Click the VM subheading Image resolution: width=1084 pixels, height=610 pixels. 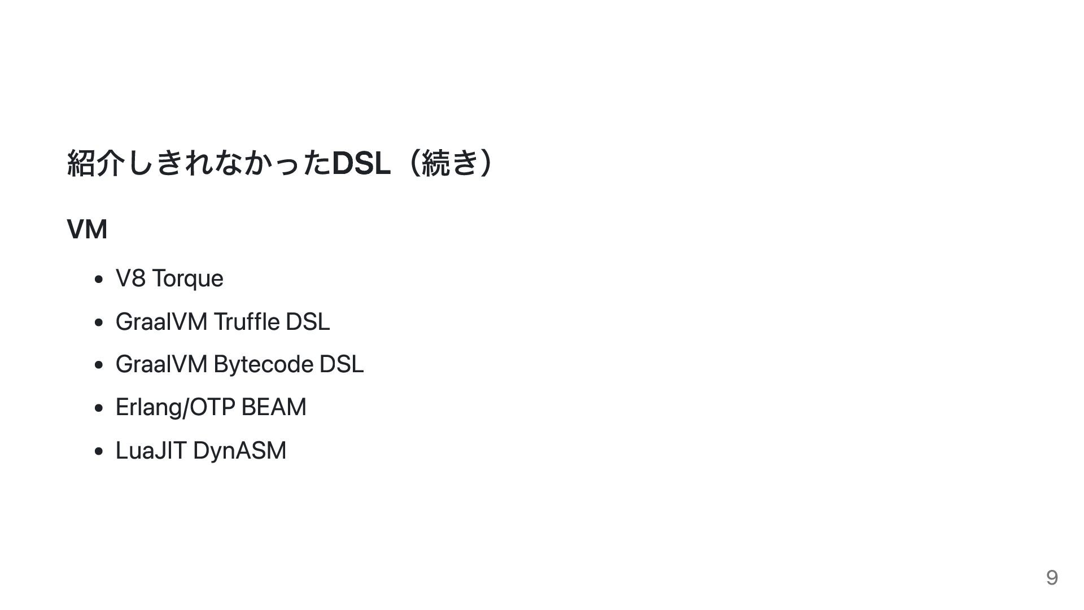(87, 229)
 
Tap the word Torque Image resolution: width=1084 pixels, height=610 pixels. (187, 278)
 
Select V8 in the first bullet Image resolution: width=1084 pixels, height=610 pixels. (130, 278)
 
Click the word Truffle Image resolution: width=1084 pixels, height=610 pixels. (246, 322)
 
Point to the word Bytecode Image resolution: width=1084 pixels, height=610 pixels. (263, 364)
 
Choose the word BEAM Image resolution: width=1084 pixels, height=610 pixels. (274, 407)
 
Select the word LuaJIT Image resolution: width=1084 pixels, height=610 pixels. (151, 451)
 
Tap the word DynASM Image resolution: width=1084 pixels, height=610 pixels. (239, 451)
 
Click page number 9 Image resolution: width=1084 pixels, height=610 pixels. (1051, 577)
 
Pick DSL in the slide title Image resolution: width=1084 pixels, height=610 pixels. (361, 163)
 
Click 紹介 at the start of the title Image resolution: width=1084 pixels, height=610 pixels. (95, 163)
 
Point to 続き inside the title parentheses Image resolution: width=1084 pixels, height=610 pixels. (450, 163)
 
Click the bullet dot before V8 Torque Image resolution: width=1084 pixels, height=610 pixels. (99, 279)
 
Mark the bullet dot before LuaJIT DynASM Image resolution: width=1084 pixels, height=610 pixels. (99, 451)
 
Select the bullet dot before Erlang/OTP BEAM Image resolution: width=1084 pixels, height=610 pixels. (99, 408)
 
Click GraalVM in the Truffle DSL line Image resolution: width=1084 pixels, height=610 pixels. (161, 322)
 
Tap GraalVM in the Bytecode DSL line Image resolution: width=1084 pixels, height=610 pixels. (161, 364)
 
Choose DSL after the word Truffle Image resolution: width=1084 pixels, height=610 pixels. (308, 322)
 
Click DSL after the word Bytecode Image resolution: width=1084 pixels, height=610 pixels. (342, 364)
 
